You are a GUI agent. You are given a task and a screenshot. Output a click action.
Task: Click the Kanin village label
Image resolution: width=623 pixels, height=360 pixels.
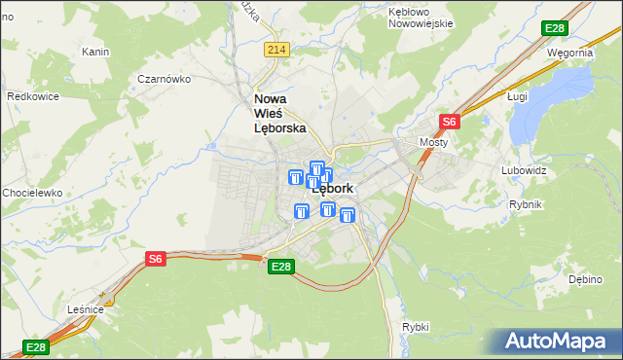(x=94, y=52)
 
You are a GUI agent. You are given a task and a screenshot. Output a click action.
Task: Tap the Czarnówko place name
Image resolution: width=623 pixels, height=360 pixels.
(x=163, y=80)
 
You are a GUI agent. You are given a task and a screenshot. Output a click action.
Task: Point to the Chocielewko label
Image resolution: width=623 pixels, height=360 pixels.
(x=31, y=193)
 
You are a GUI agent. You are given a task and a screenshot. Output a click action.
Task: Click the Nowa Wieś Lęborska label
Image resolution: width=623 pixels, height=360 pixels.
(x=279, y=113)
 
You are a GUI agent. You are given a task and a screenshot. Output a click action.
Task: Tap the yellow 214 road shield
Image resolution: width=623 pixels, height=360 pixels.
(x=276, y=50)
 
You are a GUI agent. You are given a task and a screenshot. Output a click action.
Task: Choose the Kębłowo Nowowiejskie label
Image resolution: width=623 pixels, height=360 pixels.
(x=421, y=18)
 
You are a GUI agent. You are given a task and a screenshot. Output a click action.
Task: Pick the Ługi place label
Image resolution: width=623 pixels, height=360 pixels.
(x=518, y=96)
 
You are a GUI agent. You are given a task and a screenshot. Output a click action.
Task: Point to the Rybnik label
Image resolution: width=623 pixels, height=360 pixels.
(x=526, y=204)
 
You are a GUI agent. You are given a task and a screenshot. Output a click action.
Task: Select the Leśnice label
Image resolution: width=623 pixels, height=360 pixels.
(x=86, y=308)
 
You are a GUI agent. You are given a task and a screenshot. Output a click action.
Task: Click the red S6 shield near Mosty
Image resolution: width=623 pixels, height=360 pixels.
(x=449, y=122)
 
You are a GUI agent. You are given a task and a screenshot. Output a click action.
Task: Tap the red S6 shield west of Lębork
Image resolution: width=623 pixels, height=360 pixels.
(x=156, y=258)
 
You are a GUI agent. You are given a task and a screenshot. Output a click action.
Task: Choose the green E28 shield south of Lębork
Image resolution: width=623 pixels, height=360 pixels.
(x=280, y=267)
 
